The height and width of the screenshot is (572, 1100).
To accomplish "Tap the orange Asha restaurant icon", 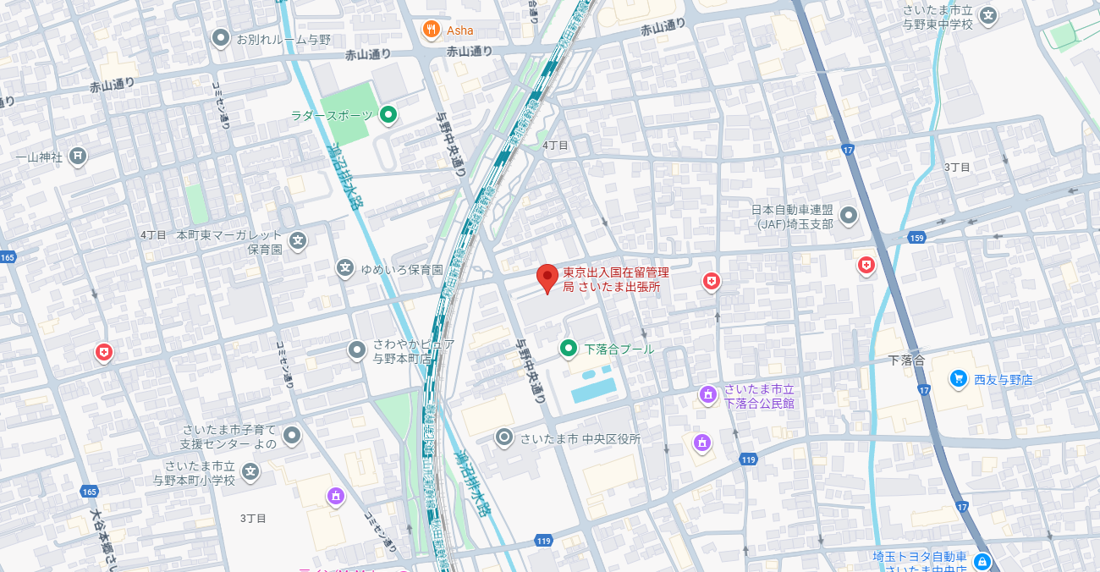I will pos(432,30).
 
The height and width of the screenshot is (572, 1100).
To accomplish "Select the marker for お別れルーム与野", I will pos(221,37).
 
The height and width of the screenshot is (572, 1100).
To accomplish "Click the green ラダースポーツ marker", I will pos(388,114).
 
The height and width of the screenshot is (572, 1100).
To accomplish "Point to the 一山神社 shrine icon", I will pos(78,156).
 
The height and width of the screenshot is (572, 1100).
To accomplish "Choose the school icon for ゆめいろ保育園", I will pos(345,268).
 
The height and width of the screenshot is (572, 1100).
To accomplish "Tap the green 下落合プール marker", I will pos(569,348).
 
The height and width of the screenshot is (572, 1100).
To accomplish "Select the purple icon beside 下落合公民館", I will pos(707,394).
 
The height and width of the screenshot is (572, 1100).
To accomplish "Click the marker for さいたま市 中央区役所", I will pos(504,437).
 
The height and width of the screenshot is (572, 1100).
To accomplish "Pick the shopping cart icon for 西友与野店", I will pos(958,378).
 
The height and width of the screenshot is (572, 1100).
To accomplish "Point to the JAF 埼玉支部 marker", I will pos(848,215).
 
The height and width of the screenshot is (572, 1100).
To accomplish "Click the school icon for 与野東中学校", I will pos(987,14).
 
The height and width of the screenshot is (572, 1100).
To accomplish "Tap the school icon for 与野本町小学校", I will pos(250,471).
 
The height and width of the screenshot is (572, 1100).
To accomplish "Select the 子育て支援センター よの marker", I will pos(292,436).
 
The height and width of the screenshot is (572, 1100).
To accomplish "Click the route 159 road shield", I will pos(917,238).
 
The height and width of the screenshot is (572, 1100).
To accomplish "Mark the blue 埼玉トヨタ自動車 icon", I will pos(982,561).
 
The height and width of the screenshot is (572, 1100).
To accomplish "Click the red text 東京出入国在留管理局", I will pos(616,272).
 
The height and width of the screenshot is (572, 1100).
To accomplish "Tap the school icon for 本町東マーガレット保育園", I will pos(298,241).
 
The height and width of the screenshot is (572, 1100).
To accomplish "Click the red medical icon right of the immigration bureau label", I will pos(712,280).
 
